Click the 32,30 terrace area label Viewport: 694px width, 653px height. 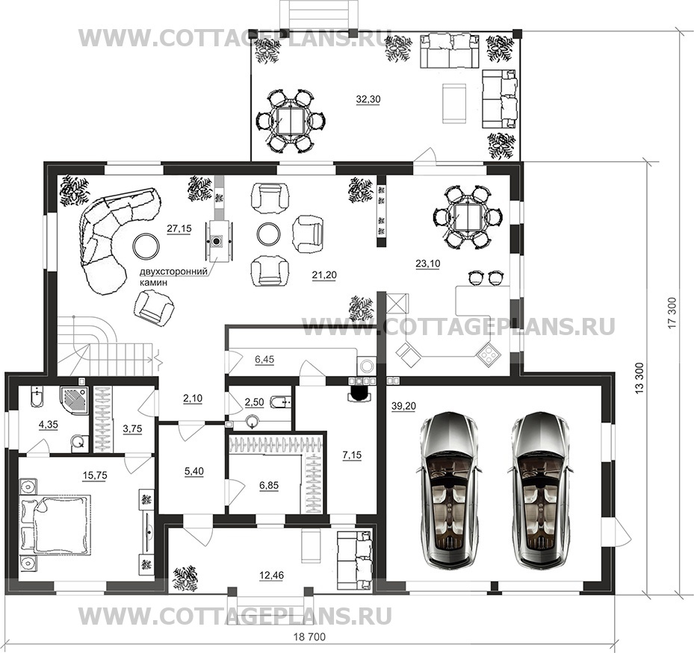tap(368, 99)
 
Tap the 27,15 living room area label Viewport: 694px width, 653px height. tap(179, 228)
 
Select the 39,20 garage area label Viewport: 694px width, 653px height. tap(403, 406)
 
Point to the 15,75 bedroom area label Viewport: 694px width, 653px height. tap(95, 475)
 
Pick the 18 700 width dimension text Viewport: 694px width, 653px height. tap(310, 637)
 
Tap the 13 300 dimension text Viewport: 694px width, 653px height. tap(639, 378)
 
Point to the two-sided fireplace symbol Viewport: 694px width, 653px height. tap(217, 241)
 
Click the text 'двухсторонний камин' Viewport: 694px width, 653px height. tap(173, 277)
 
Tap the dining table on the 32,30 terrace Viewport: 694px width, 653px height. tap(290, 121)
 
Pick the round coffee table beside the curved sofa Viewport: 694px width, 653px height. tap(146, 246)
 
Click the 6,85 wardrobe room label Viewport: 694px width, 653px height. tap(269, 485)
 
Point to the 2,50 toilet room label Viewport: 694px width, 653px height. tap(254, 402)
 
